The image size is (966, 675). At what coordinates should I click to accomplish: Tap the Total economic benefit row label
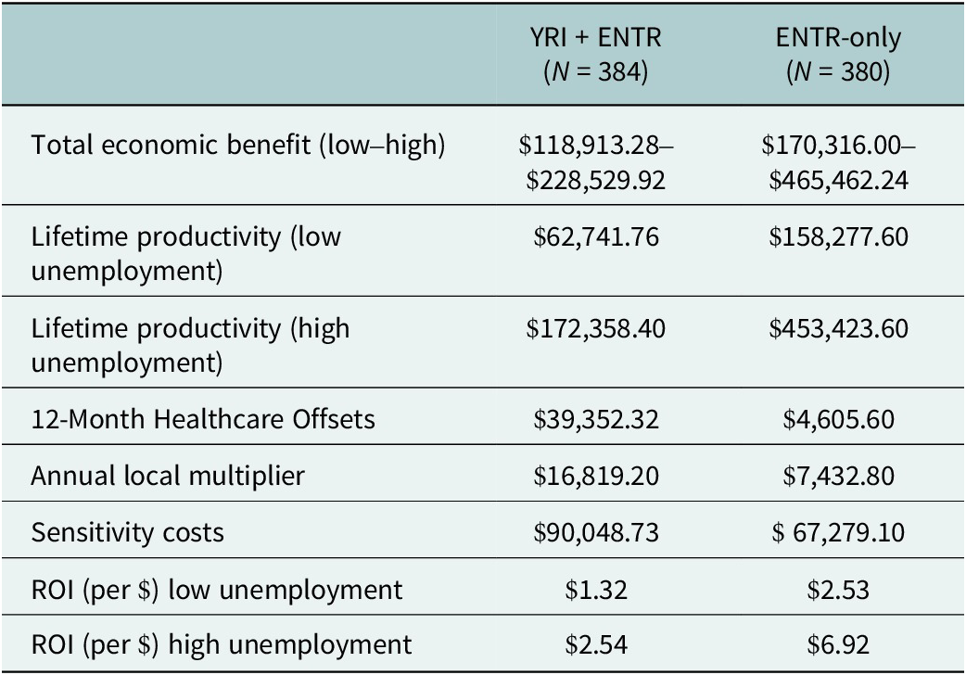click(x=238, y=146)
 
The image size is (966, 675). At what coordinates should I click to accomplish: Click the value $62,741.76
click(x=593, y=236)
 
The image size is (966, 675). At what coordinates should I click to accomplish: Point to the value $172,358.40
click(x=593, y=328)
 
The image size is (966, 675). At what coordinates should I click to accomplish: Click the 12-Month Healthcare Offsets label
click(x=203, y=418)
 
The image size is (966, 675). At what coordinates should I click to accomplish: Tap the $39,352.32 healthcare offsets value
click(x=593, y=418)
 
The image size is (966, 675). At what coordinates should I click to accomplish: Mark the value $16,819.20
click(x=593, y=476)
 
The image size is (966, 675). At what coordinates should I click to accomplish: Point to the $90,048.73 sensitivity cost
click(x=593, y=533)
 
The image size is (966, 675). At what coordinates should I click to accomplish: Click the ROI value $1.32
click(x=593, y=590)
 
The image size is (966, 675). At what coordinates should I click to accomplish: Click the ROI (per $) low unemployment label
click(x=217, y=590)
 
